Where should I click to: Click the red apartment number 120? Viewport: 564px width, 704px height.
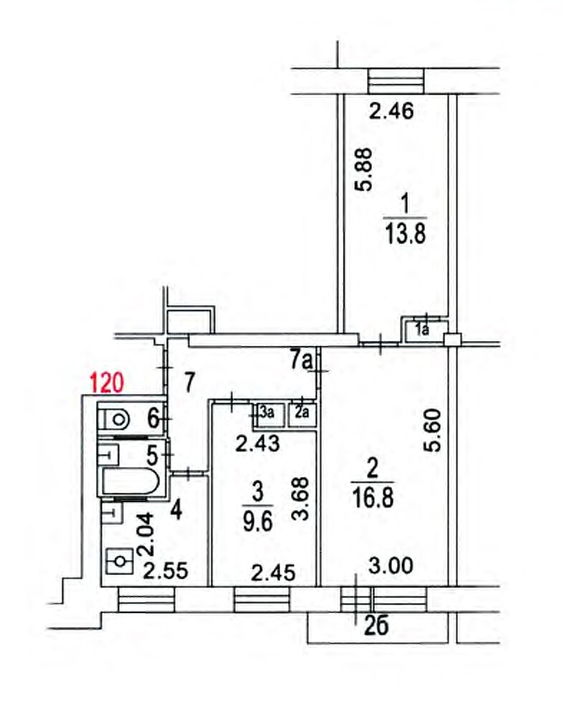pyautogui.click(x=107, y=383)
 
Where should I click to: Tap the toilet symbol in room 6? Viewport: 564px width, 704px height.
pyautogui.click(x=114, y=420)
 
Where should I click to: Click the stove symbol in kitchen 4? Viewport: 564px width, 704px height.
pyautogui.click(x=119, y=561)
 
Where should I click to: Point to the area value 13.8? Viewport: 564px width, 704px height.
pyautogui.click(x=405, y=233)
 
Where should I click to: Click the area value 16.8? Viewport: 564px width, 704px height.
pyautogui.click(x=373, y=498)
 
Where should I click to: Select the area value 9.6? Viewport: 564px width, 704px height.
pyautogui.click(x=257, y=521)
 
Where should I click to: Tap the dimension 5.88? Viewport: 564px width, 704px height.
pyautogui.click(x=363, y=170)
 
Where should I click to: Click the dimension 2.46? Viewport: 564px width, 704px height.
pyautogui.click(x=391, y=111)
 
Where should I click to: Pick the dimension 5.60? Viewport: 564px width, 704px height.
pyautogui.click(x=435, y=430)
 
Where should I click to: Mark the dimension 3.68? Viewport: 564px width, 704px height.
pyautogui.click(x=300, y=498)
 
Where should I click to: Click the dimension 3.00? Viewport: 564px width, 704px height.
pyautogui.click(x=391, y=566)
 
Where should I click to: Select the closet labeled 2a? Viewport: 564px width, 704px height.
pyautogui.click(x=302, y=414)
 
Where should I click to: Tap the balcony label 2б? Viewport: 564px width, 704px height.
pyautogui.click(x=376, y=626)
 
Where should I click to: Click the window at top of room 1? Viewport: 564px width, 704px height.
pyautogui.click(x=396, y=81)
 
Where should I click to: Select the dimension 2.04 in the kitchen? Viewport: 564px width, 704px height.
pyautogui.click(x=148, y=535)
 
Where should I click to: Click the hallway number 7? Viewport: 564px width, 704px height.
pyautogui.click(x=189, y=383)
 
